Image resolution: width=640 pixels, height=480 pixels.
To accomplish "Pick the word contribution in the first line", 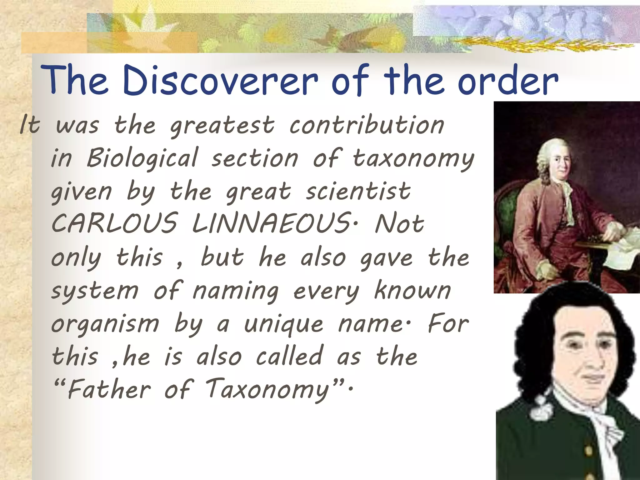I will (366, 125).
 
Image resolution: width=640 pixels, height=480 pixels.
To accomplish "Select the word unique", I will (283, 324).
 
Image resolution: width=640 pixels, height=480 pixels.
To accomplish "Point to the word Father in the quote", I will (109, 389).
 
